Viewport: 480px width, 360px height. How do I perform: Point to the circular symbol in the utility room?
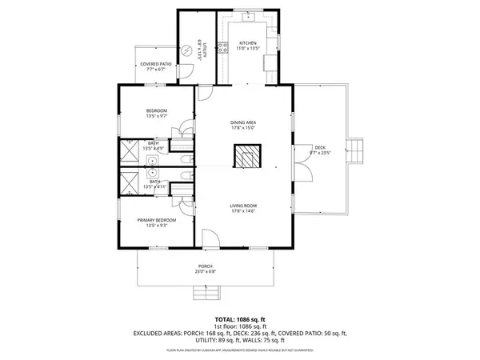[188, 50]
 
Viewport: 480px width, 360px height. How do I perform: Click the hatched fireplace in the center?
[246, 156]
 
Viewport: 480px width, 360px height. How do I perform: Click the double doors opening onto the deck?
[301, 170]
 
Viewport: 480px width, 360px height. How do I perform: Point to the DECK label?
[319, 147]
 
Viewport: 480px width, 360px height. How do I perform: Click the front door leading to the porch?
[207, 238]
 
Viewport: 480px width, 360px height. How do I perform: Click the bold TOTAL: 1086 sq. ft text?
[239, 318]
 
